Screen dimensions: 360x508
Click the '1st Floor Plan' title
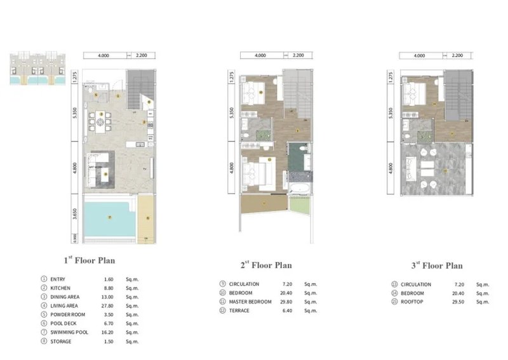(88, 260)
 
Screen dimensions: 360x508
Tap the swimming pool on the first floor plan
(109, 218)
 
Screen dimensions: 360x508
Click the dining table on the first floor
(100, 119)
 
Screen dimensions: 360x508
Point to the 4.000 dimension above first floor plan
(104, 55)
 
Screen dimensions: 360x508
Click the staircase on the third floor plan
(458, 95)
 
